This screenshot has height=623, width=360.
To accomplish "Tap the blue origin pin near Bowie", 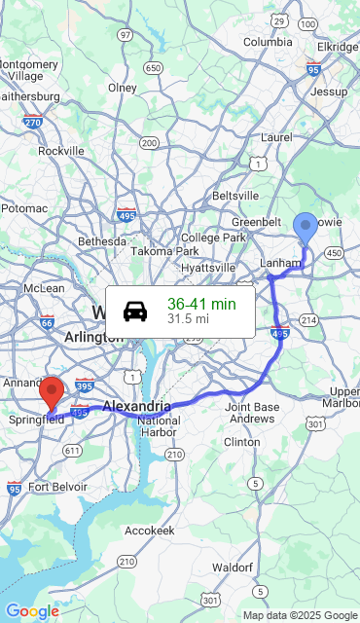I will (x=306, y=228).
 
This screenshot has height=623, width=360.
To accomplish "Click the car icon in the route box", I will (x=135, y=311).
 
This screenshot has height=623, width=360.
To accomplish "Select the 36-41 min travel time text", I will (x=201, y=304).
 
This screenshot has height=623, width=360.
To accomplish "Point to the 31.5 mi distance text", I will (x=188, y=318).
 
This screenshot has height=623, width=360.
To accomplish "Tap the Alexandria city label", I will (x=136, y=405).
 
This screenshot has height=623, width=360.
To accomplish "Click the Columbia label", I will (x=268, y=42).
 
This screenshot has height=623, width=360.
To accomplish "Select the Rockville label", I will (x=61, y=151).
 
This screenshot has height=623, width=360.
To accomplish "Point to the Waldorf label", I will (x=233, y=567).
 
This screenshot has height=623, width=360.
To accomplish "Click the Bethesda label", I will (x=102, y=240).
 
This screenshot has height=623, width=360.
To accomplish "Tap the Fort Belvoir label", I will (x=57, y=487).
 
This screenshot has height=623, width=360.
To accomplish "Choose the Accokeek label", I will (x=150, y=531).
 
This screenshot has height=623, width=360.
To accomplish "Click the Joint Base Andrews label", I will (x=252, y=413).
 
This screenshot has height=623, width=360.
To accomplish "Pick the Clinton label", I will (x=242, y=442).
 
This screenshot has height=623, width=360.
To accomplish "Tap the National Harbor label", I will (x=159, y=426).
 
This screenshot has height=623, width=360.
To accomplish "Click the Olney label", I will (x=123, y=88).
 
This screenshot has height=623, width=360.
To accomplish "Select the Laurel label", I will (x=276, y=137).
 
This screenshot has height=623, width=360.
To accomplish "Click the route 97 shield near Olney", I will (x=126, y=35).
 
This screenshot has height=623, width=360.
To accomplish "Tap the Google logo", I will (x=32, y=611).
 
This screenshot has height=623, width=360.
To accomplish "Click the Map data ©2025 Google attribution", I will (x=300, y=615).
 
